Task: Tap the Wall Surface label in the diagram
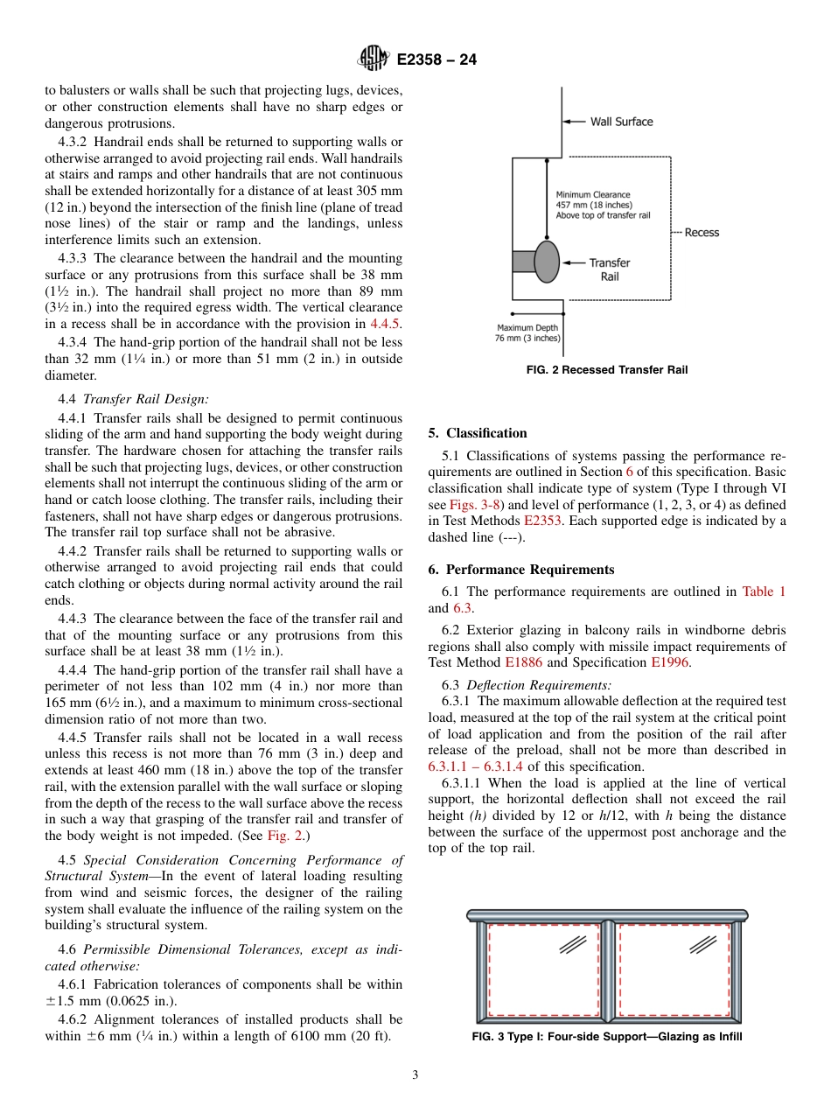[x=621, y=122]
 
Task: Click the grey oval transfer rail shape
[x=547, y=262]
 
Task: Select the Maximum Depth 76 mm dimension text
[x=527, y=333]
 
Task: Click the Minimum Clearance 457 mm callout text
[x=602, y=205]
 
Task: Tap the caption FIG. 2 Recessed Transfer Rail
[x=606, y=370]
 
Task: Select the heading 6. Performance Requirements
[x=521, y=570]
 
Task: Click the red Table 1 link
[x=764, y=591]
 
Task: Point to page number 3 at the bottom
[x=415, y=1075]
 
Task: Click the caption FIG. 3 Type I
[x=606, y=1038]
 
